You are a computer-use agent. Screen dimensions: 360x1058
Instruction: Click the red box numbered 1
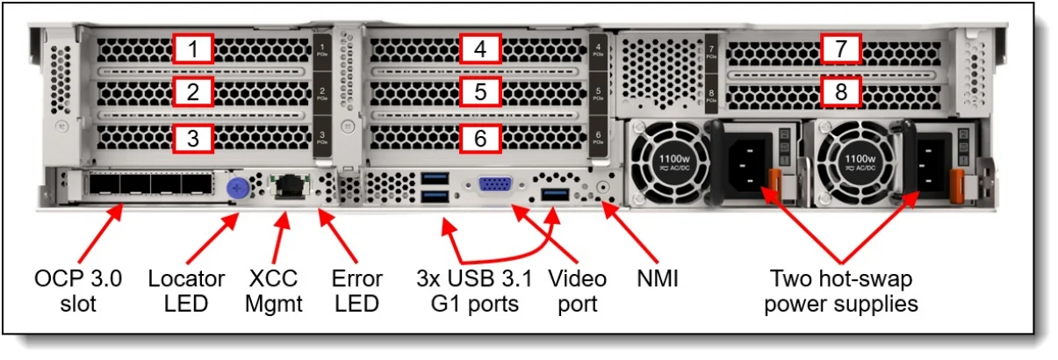tap(192, 49)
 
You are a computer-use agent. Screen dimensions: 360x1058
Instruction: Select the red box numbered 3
tap(192, 136)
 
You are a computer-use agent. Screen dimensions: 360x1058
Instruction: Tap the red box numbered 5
tap(479, 91)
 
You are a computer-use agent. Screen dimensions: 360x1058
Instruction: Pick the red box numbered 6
tap(479, 136)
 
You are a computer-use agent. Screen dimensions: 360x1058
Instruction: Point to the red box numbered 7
tap(841, 50)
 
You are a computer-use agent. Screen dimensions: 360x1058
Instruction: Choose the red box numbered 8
tap(841, 90)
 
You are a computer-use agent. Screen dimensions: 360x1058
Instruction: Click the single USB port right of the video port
tap(555, 192)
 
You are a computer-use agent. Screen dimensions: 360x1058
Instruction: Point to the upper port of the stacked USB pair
tap(435, 180)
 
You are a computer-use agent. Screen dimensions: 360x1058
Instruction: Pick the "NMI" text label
tap(659, 280)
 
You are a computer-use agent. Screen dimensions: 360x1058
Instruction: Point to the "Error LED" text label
tap(356, 292)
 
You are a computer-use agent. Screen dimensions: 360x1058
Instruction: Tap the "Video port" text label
tap(577, 292)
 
